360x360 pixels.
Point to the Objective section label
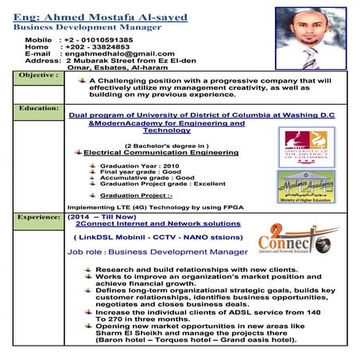[37, 74]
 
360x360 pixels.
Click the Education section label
[38, 106]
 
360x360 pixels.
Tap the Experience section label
[39, 215]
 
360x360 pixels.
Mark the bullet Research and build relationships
[183, 270]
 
